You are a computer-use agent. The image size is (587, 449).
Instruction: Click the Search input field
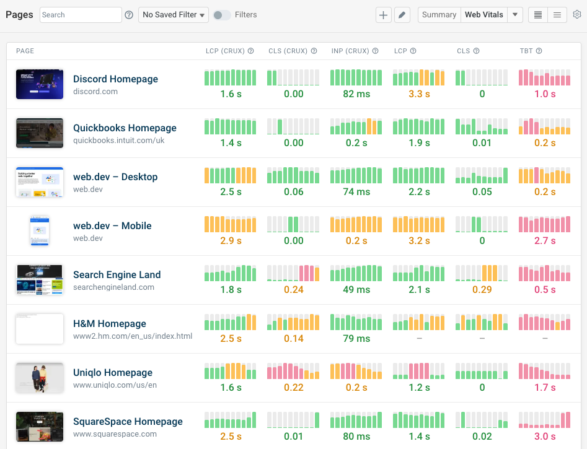point(81,15)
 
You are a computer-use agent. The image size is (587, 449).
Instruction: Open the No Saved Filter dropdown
point(174,15)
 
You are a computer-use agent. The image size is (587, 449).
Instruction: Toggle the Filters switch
point(221,15)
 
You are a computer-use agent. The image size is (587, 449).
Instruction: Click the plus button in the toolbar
point(384,15)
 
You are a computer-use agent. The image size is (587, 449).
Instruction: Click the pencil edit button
point(402,15)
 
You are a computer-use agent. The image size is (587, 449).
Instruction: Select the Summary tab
point(439,15)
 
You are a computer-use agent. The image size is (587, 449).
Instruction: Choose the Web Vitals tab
point(484,15)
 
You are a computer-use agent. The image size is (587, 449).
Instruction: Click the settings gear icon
point(577,15)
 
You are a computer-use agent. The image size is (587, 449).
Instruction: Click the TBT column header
point(526,51)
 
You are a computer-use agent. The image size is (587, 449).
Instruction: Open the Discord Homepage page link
point(115,79)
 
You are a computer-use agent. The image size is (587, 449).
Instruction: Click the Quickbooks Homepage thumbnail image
point(40,133)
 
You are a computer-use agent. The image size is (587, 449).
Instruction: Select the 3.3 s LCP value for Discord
point(419,94)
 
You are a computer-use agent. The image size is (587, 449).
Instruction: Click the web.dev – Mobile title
point(112,226)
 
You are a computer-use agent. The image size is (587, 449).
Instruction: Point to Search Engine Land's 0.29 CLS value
point(482,290)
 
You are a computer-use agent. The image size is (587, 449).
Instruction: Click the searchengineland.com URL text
point(113,287)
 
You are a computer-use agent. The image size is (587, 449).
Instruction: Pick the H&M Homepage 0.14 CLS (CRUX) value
point(294,339)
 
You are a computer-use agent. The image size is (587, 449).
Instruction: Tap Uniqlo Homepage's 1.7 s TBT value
point(545,388)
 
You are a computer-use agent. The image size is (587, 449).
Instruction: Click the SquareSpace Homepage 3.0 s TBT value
point(545,437)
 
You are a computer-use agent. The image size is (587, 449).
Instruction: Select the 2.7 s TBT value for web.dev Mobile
point(545,241)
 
